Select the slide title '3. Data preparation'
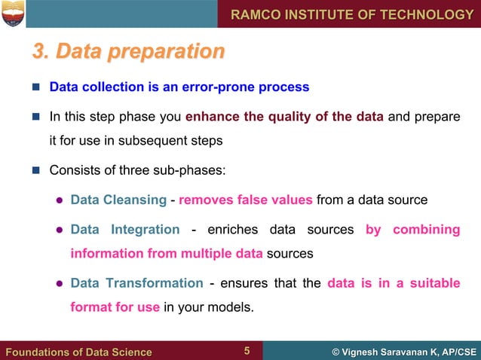tap(128, 52)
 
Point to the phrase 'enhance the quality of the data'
tap(284, 117)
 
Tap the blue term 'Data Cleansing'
tap(118, 200)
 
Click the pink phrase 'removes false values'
tap(245, 200)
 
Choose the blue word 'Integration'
tap(145, 229)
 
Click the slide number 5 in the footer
tap(247, 351)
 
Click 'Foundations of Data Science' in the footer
tap(79, 352)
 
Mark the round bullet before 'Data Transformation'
tap(58, 284)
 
